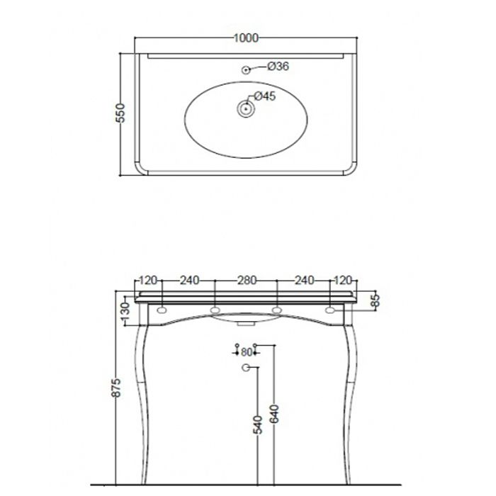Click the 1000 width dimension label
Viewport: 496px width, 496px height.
pyautogui.click(x=246, y=38)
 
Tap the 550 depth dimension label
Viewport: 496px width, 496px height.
pyautogui.click(x=120, y=113)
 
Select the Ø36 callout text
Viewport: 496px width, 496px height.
pyautogui.click(x=278, y=66)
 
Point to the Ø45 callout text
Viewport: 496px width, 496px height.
pyautogui.click(x=265, y=96)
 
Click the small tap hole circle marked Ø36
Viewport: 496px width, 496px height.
pyautogui.click(x=246, y=70)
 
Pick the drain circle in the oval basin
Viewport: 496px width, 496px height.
pyautogui.click(x=246, y=109)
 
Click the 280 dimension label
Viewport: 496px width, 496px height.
pyautogui.click(x=247, y=281)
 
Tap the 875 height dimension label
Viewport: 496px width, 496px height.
pyautogui.click(x=116, y=388)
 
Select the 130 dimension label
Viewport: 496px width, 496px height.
pyautogui.click(x=125, y=312)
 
